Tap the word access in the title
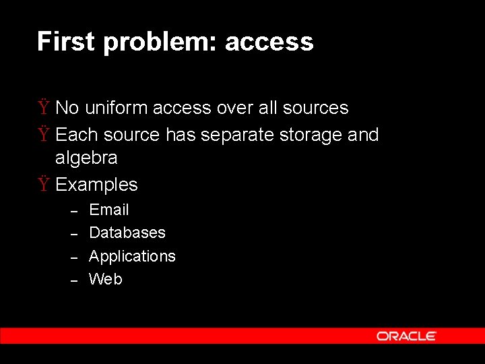tap(269, 42)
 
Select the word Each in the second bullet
tap(73, 135)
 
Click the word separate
tap(228, 135)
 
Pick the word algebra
tap(86, 158)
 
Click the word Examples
tap(96, 185)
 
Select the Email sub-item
tap(109, 210)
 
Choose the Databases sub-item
tap(127, 233)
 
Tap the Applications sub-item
tap(132, 256)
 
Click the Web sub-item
tap(106, 279)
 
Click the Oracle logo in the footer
tap(406, 336)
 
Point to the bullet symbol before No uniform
tap(43, 108)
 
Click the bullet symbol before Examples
tap(43, 185)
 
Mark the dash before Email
tap(76, 211)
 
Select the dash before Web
tap(76, 280)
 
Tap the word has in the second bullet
tap(180, 135)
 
